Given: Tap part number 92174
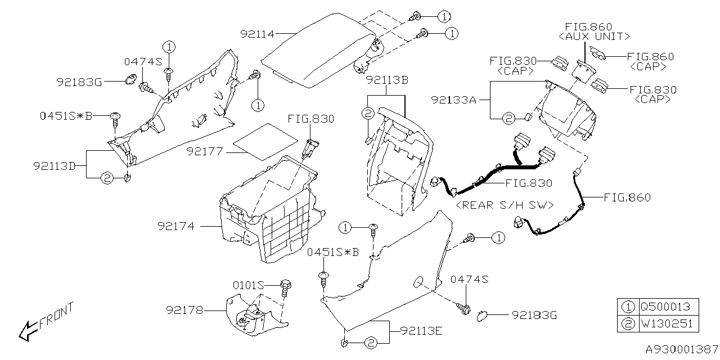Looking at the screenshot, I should tap(176, 226).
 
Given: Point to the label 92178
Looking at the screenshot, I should tap(184, 310).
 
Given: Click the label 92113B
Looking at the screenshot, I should tap(387, 80).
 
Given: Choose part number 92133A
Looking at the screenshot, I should tap(454, 101).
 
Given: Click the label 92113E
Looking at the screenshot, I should tap(421, 330).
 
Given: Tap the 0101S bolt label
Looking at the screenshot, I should tap(249, 285).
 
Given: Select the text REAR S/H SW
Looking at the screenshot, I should tap(505, 204).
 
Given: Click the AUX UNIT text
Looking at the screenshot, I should tap(594, 37).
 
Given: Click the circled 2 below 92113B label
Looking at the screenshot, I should tap(367, 114).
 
